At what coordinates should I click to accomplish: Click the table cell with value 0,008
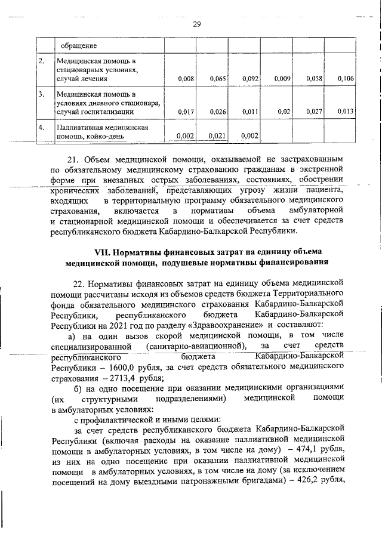click(186, 78)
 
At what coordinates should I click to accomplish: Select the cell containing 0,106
click(346, 78)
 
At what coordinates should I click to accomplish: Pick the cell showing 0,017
click(186, 111)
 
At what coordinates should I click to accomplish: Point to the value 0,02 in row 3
click(284, 111)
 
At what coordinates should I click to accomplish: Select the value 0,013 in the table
click(346, 111)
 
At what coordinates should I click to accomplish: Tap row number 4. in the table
click(42, 127)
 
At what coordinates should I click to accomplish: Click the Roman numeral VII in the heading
click(95, 252)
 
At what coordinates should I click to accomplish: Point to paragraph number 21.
click(73, 159)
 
